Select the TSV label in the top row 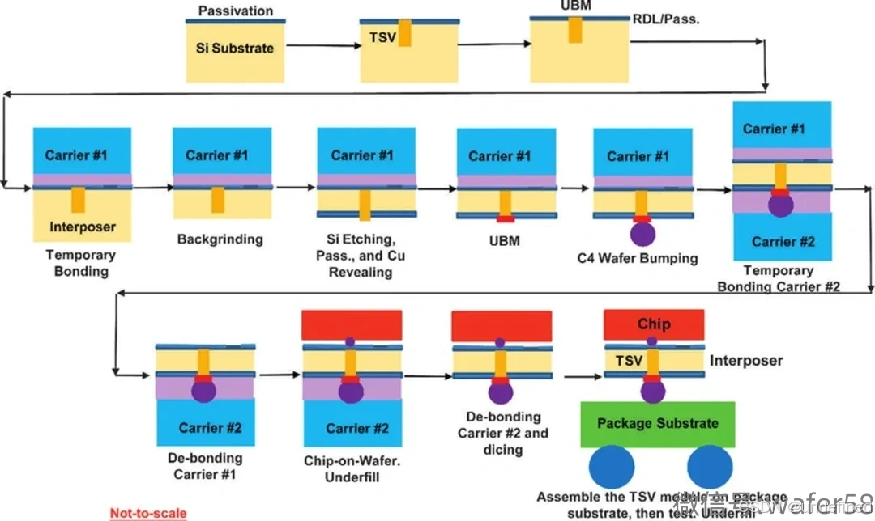(382, 36)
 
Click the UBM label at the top (575, 6)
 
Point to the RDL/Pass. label (666, 19)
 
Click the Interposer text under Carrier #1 (82, 227)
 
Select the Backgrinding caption (220, 239)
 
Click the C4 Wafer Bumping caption (637, 259)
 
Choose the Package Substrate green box (657, 424)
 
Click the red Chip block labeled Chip (653, 324)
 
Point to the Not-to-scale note (148, 513)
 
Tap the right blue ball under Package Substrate (711, 471)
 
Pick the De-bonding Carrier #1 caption (204, 466)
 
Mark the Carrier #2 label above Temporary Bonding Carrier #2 (783, 241)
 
